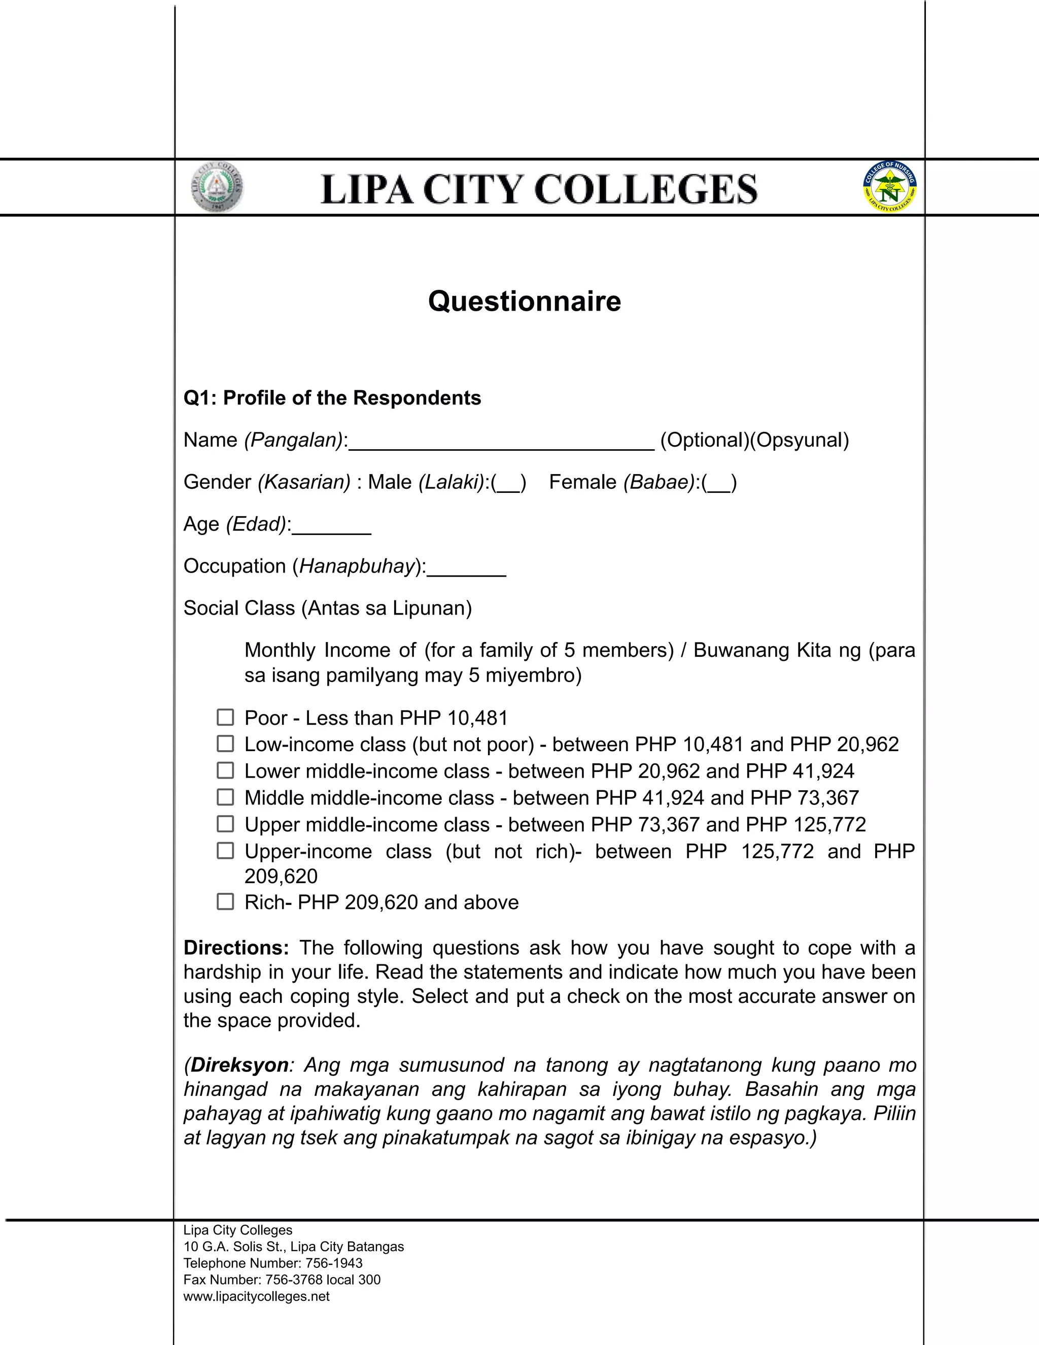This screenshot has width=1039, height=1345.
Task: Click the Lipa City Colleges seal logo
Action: [217, 187]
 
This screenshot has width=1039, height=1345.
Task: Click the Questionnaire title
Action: [525, 301]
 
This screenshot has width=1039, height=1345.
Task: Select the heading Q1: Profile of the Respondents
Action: [332, 398]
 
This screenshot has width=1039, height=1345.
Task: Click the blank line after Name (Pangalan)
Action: [501, 442]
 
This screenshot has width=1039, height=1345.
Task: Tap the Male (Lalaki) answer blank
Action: [508, 483]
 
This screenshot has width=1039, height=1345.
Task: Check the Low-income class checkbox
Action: [225, 744]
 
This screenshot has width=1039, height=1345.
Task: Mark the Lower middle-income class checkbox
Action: [225, 770]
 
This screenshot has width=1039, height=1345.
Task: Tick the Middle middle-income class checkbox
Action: [225, 797]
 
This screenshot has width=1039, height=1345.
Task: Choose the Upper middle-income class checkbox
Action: [225, 824]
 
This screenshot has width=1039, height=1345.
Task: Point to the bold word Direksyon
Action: [239, 1065]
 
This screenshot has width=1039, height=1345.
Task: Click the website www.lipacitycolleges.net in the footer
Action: [257, 1296]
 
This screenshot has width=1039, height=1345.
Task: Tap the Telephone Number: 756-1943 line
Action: [272, 1263]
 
